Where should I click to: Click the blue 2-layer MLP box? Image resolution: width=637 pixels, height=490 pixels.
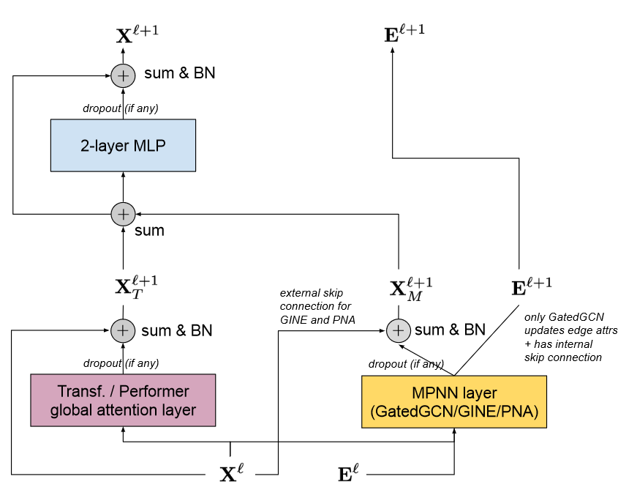pyautogui.click(x=123, y=145)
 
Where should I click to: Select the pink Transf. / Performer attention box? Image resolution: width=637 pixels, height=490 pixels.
pyautogui.click(x=123, y=400)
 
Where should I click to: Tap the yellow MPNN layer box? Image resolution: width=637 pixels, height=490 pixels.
pyautogui.click(x=454, y=402)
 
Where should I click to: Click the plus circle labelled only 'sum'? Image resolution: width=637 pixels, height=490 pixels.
pyautogui.click(x=123, y=214)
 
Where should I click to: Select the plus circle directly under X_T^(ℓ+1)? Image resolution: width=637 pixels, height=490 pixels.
pyautogui.click(x=123, y=331)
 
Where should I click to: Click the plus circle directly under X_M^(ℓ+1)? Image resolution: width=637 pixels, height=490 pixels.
pyautogui.click(x=398, y=331)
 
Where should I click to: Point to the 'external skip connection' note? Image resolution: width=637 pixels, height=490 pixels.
pyautogui.click(x=316, y=305)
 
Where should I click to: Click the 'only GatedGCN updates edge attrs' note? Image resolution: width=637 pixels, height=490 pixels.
pyautogui.click(x=571, y=337)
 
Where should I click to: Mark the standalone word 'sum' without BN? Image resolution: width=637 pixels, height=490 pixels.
pyautogui.click(x=149, y=231)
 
